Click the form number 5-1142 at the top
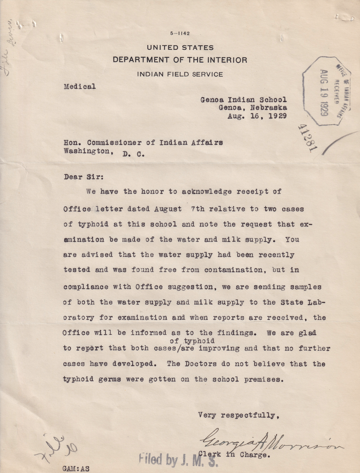pyautogui.click(x=180, y=34)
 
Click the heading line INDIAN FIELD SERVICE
pyautogui.click(x=180, y=74)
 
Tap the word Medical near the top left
pyautogui.click(x=80, y=86)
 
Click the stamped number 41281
pyautogui.click(x=307, y=138)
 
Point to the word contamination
pyautogui.click(x=235, y=270)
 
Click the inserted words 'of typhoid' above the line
pyautogui.click(x=192, y=341)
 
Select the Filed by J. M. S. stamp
pyautogui.click(x=178, y=460)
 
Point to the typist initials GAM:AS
pyautogui.click(x=76, y=468)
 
